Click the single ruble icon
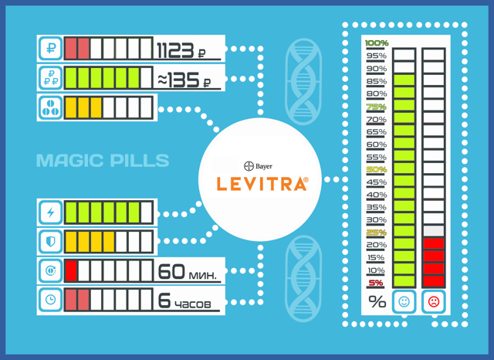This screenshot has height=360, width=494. point(50,48)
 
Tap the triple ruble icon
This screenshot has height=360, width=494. point(50,77)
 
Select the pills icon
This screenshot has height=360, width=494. point(50,107)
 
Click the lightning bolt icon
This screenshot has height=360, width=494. point(50,212)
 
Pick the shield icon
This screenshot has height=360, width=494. point(50,242)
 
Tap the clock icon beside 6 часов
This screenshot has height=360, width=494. point(50,300)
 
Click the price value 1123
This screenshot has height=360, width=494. point(175,50)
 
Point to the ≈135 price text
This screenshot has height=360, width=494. point(178,80)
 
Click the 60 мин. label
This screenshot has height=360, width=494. point(187,272)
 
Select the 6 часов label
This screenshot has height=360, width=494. point(184,301)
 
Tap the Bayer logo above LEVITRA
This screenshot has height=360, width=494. point(258,166)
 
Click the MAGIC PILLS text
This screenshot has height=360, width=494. point(103,160)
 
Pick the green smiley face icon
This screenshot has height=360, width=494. point(404,302)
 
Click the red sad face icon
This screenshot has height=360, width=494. point(434,302)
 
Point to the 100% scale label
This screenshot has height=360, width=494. point(377,42)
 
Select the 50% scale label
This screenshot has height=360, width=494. point(377,170)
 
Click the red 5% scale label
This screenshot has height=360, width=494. point(376,283)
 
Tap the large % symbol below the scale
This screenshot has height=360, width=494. point(377,302)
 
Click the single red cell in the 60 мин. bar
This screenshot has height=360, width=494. point(71,271)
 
